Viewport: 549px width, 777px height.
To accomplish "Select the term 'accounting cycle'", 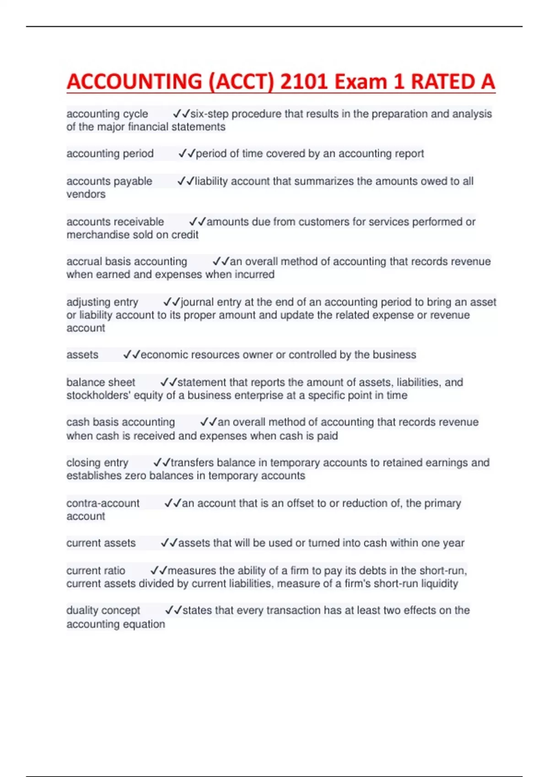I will point(107,114).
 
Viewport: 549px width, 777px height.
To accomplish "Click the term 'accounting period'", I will point(110,154).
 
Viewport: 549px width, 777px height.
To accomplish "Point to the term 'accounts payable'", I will point(109,181).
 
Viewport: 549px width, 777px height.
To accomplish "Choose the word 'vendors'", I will point(86,194).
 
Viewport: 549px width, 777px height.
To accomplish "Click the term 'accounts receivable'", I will point(115,222).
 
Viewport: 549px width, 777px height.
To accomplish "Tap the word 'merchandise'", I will point(95,235).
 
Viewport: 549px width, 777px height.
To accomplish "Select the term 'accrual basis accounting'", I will point(126,261).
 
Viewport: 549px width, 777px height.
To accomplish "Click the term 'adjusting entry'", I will point(102,302).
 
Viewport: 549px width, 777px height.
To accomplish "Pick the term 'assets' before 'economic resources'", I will point(82,355).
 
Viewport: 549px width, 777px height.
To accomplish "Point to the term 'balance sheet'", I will point(101,382).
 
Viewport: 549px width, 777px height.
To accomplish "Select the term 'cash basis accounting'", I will point(120,422).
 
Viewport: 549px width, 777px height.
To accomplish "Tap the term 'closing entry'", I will point(97,463).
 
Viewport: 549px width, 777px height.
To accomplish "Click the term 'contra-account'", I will point(102,503).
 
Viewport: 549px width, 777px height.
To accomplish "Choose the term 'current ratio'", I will point(96,570).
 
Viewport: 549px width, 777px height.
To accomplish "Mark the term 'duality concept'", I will point(103,611).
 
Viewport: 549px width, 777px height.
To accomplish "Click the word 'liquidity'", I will point(439,584).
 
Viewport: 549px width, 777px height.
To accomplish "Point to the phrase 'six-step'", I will point(209,114).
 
